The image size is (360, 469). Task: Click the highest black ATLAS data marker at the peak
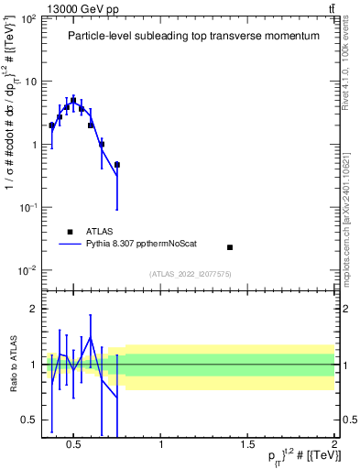click(74, 101)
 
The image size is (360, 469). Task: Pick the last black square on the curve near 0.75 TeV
click(117, 165)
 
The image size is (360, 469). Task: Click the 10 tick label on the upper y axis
click(29, 82)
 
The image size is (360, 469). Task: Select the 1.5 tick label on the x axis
click(247, 446)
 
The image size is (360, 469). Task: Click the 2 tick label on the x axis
click(333, 446)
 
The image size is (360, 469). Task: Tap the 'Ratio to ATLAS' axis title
click(12, 364)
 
